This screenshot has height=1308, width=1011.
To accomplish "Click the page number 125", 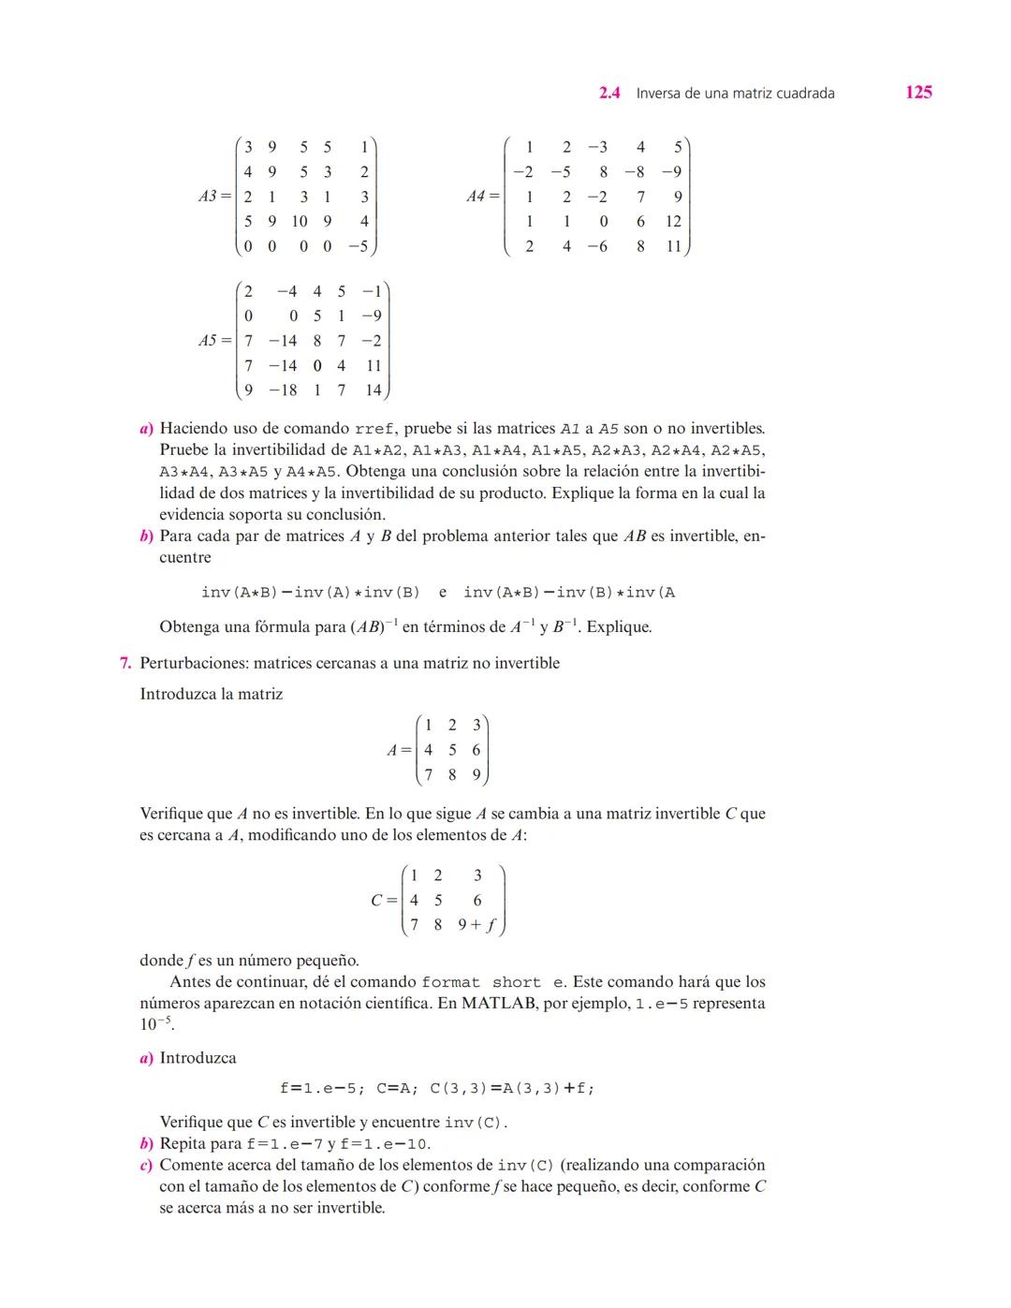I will pyautogui.click(x=918, y=92).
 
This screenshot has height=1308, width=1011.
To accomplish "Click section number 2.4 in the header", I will pyautogui.click(x=609, y=93).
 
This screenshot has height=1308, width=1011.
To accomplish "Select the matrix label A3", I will pyautogui.click(x=209, y=197).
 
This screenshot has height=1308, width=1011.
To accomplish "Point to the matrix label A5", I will pyautogui.click(x=209, y=341).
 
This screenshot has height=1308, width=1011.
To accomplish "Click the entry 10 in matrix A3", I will pyautogui.click(x=299, y=222).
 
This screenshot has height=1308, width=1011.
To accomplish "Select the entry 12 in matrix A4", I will pyautogui.click(x=673, y=222).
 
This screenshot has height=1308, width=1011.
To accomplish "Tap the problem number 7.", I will pyautogui.click(x=125, y=663).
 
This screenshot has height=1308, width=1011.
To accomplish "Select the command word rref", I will pyautogui.click(x=374, y=430).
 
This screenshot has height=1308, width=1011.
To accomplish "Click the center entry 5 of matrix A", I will pyautogui.click(x=452, y=750).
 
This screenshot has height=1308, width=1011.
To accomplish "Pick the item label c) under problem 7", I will pyautogui.click(x=146, y=1165).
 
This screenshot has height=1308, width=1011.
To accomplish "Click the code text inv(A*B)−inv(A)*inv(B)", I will pyautogui.click(x=310, y=593).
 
